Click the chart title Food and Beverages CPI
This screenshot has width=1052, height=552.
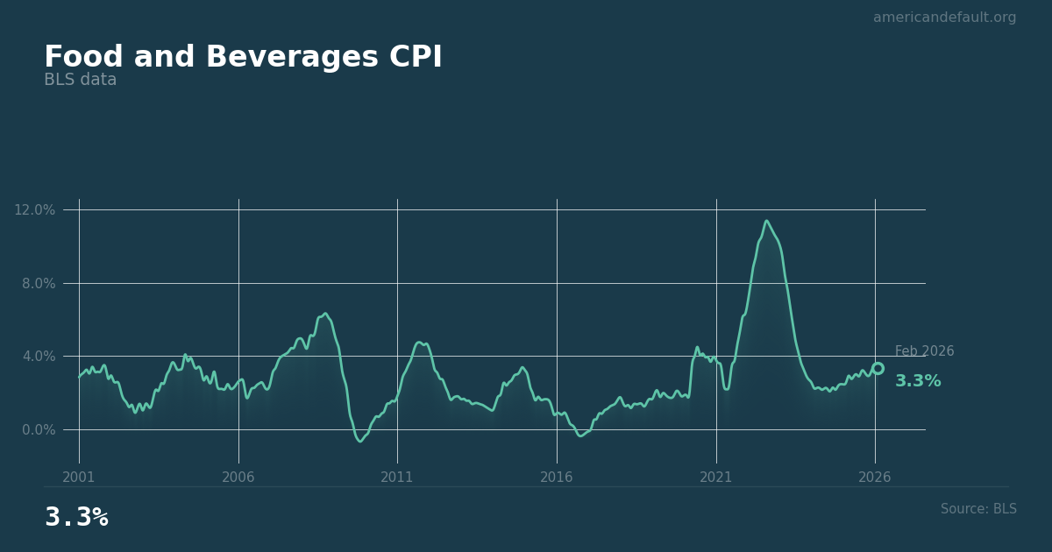(x=243, y=58)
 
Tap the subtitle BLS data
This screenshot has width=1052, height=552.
(x=80, y=81)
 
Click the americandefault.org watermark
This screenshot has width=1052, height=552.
(x=944, y=18)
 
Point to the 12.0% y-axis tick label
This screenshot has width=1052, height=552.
(x=34, y=209)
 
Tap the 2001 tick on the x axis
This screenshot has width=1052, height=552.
(x=79, y=478)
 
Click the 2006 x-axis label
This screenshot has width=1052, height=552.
(x=238, y=478)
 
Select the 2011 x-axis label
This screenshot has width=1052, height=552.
(x=397, y=478)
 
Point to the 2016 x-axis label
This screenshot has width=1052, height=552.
(x=557, y=478)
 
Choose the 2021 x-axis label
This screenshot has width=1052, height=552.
(x=716, y=478)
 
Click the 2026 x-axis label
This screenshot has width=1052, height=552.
(x=875, y=478)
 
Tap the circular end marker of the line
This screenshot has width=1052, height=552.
(x=878, y=369)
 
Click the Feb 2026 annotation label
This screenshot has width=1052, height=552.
(x=924, y=351)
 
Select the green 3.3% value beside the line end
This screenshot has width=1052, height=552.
(x=917, y=381)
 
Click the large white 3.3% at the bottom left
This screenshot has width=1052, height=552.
(x=76, y=518)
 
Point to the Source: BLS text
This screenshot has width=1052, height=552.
(x=978, y=509)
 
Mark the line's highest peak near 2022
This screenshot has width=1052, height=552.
(x=766, y=221)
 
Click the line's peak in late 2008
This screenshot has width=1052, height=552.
(x=325, y=314)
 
